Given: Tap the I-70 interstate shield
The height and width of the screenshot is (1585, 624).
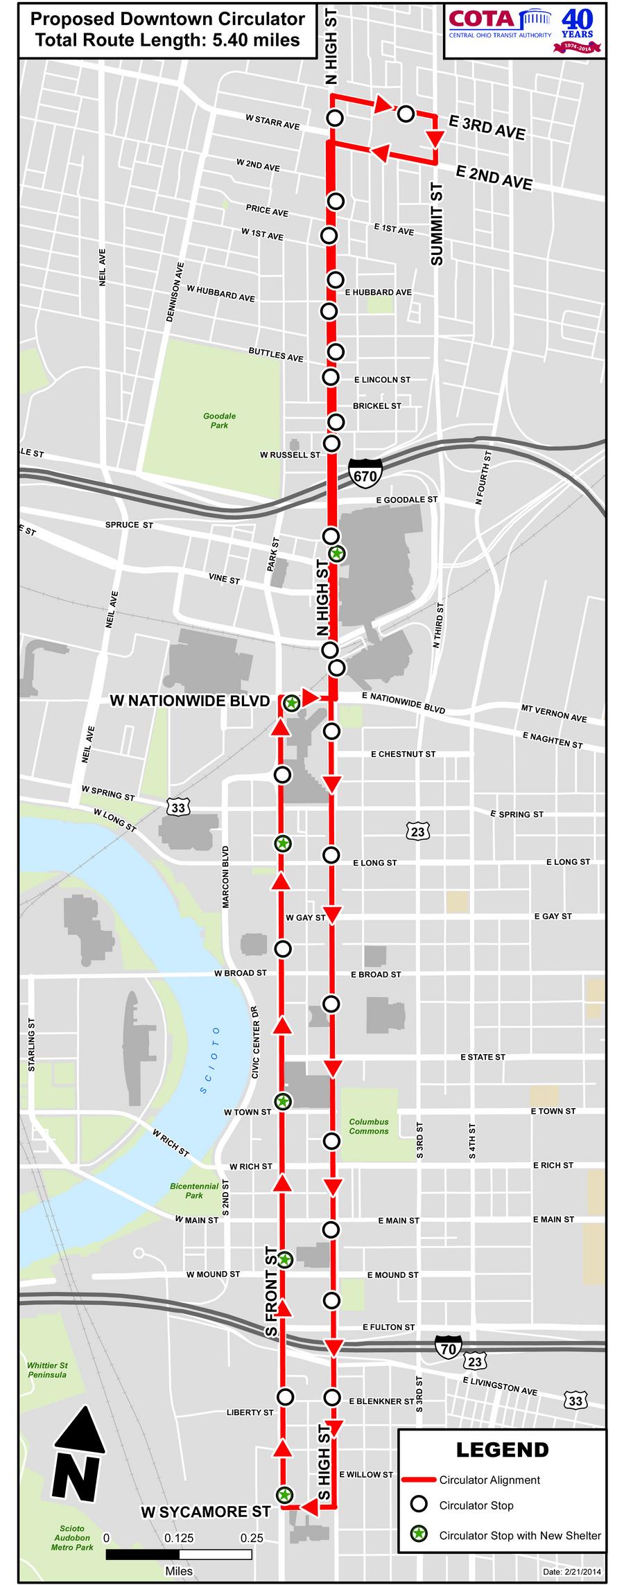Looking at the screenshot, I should pyautogui.click(x=447, y=1345).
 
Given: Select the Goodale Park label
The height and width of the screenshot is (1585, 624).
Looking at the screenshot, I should pyautogui.click(x=219, y=421).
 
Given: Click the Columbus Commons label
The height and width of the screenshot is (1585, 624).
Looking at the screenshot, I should pyautogui.click(x=369, y=1126).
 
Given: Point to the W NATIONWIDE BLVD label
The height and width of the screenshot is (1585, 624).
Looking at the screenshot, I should pyautogui.click(x=189, y=701).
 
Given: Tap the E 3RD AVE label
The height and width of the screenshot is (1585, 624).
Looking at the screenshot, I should pyautogui.click(x=487, y=128).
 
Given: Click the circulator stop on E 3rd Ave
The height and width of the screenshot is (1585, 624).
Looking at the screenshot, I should pyautogui.click(x=406, y=114).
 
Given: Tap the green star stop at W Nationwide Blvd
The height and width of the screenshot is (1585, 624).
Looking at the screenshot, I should pyautogui.click(x=292, y=703).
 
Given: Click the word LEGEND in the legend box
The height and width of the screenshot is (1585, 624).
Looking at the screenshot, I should pyautogui.click(x=502, y=1450).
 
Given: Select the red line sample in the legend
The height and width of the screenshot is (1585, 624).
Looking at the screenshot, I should pyautogui.click(x=418, y=1480).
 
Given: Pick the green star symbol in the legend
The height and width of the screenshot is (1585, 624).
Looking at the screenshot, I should pyautogui.click(x=418, y=1535).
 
